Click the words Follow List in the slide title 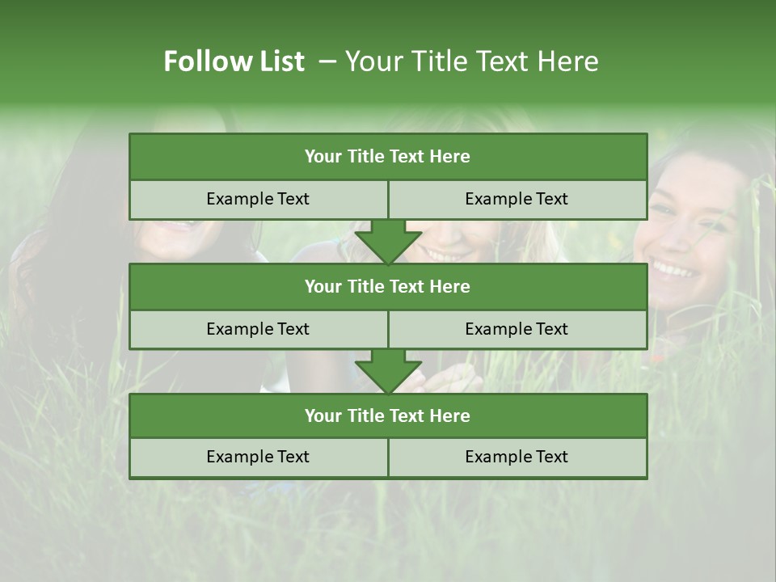[x=234, y=61]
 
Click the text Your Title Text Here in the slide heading [x=471, y=61]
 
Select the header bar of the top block [x=388, y=157]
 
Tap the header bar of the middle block [x=388, y=286]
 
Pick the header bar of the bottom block [x=388, y=415]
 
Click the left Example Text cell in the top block [x=258, y=199]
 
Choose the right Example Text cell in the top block [x=517, y=199]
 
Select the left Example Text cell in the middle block [x=258, y=329]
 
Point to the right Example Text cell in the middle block [x=517, y=329]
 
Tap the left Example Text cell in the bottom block [x=258, y=457]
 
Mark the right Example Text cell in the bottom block [x=517, y=457]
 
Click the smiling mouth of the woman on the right [x=677, y=268]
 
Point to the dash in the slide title [x=327, y=61]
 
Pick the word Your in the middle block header [x=323, y=286]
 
